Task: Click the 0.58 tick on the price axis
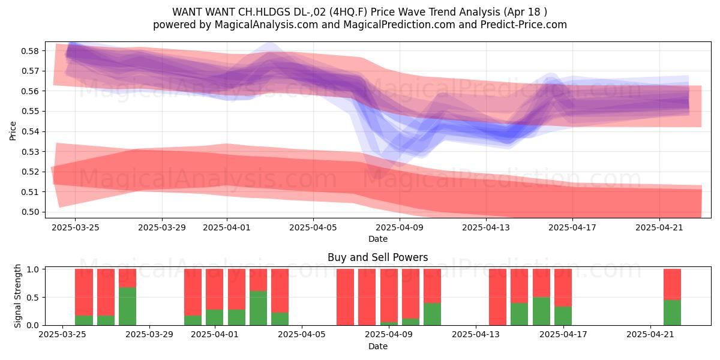tap(30, 51)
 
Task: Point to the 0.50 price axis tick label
tap(30, 212)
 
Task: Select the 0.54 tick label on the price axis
tap(30, 131)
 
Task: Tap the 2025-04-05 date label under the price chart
tap(313, 227)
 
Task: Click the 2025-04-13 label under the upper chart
tap(486, 227)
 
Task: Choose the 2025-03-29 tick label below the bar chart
tap(149, 335)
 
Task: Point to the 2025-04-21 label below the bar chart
tap(650, 335)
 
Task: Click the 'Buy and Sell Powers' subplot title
tap(377, 257)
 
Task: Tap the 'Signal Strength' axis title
tap(17, 296)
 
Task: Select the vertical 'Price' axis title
tap(13, 131)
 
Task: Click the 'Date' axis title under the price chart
tap(378, 239)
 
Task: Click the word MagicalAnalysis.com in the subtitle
tap(266, 25)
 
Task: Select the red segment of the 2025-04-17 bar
tap(563, 287)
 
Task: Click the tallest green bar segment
tap(128, 307)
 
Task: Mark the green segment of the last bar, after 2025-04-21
tap(673, 313)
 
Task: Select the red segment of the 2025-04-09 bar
tap(389, 296)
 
